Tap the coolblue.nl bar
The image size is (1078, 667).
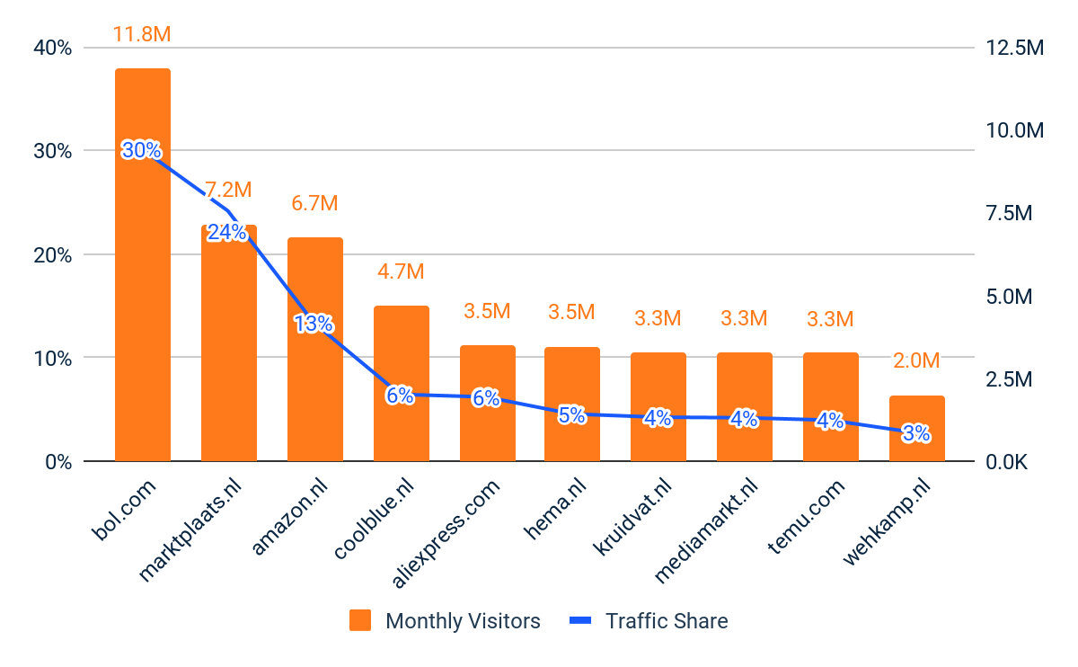click(x=401, y=360)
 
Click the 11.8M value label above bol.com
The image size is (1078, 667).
click(x=142, y=35)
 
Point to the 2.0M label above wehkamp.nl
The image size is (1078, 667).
click(x=916, y=361)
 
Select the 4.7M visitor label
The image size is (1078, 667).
click(x=401, y=271)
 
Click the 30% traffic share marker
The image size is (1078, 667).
click(x=141, y=150)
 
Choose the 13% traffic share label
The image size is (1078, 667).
click(x=314, y=324)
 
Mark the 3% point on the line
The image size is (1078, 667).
click(x=915, y=434)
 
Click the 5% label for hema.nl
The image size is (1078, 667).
click(x=571, y=415)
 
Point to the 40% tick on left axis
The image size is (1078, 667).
click(x=52, y=48)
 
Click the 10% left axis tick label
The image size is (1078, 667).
click(x=52, y=358)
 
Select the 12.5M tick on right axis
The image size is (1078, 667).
click(x=1015, y=48)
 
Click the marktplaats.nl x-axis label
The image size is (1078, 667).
click(x=192, y=530)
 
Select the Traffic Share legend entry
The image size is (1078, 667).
click(x=649, y=621)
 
